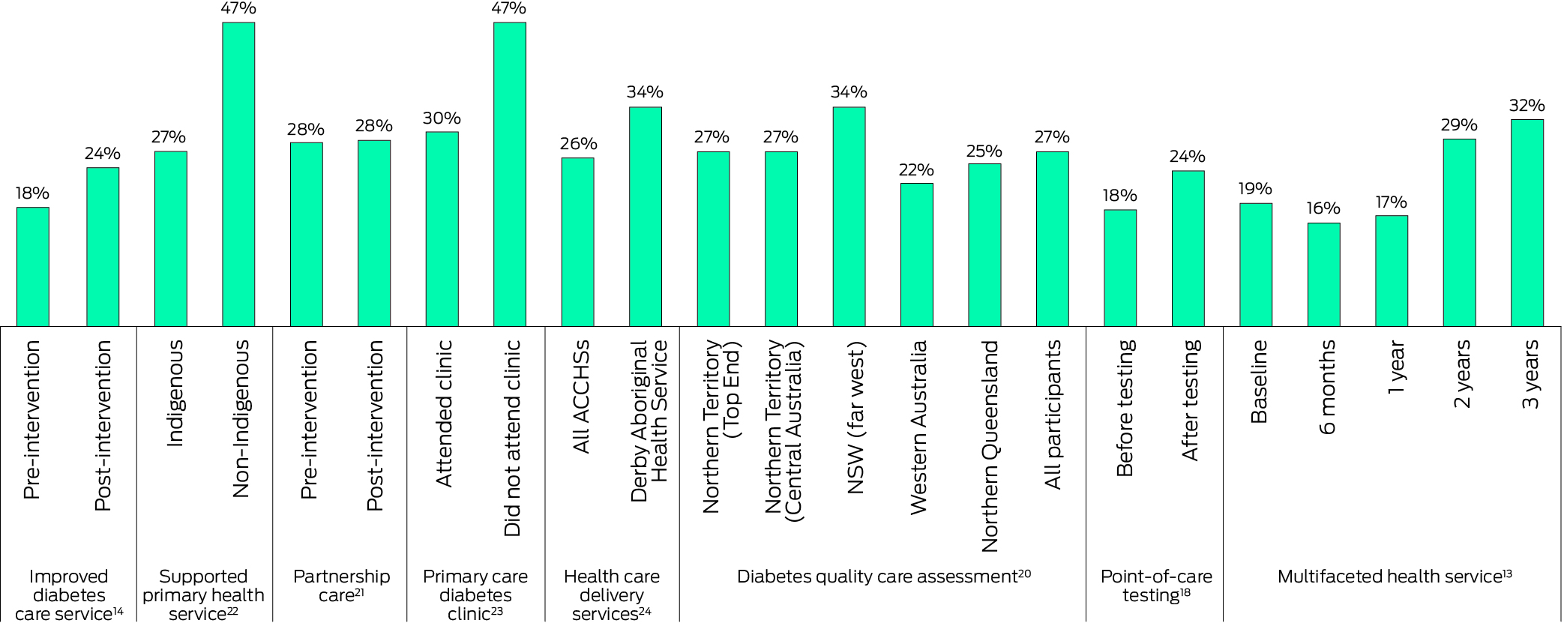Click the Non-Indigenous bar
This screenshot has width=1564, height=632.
pos(238,175)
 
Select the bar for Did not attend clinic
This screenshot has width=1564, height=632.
pos(510,175)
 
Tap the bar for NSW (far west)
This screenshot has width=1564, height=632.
pos(849,217)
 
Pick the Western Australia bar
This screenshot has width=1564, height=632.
pos(917,255)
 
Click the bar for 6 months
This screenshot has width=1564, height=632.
pos(1324,274)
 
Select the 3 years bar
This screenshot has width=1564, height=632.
pos(1527,223)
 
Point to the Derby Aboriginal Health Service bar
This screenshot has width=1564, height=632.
pos(646,217)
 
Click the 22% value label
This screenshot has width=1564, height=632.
pos(916,170)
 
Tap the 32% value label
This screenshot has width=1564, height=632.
pos(1527,106)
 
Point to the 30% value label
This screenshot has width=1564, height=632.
pos(442,118)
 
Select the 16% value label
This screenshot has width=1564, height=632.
pos(1323,208)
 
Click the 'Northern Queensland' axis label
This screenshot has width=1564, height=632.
pos(990,446)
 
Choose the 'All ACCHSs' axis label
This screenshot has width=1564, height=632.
pos(581,397)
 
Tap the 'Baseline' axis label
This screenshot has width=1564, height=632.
pos(1259,382)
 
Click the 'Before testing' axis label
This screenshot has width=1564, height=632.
pos(1125,408)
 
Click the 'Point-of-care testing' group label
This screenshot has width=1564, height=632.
pos(1155,586)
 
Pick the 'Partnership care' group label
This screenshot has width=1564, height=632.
pos(341,586)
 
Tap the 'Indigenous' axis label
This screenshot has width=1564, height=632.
pos(174,394)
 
